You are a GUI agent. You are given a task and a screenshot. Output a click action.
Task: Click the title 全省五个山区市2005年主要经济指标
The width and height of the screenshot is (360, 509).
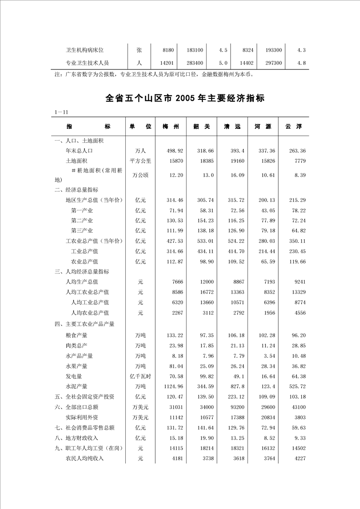tap(185, 98)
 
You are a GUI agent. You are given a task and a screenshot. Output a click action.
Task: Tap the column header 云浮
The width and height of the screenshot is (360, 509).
tap(293, 127)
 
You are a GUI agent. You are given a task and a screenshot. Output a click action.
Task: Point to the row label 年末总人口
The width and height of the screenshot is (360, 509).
tap(79, 151)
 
